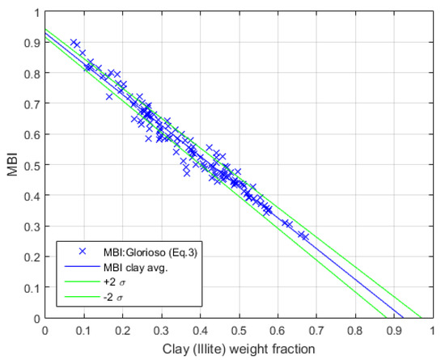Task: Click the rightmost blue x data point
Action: pyautogui.click(x=305, y=236)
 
